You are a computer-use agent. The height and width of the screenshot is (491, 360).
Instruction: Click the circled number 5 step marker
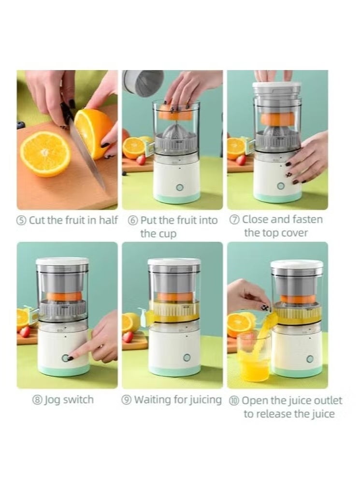tap(22, 220)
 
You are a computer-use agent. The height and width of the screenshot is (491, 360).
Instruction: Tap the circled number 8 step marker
tap(37, 400)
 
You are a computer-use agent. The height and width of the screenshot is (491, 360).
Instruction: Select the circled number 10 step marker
tap(234, 401)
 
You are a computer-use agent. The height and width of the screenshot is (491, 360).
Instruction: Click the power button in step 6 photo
tap(180, 188)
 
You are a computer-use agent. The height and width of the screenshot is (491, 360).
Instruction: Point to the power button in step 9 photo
tap(187, 358)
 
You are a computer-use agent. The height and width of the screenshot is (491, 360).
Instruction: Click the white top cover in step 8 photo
tap(62, 261)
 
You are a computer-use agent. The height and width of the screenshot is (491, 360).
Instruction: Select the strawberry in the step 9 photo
tap(128, 337)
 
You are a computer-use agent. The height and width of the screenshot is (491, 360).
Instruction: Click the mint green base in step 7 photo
tap(278, 198)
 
